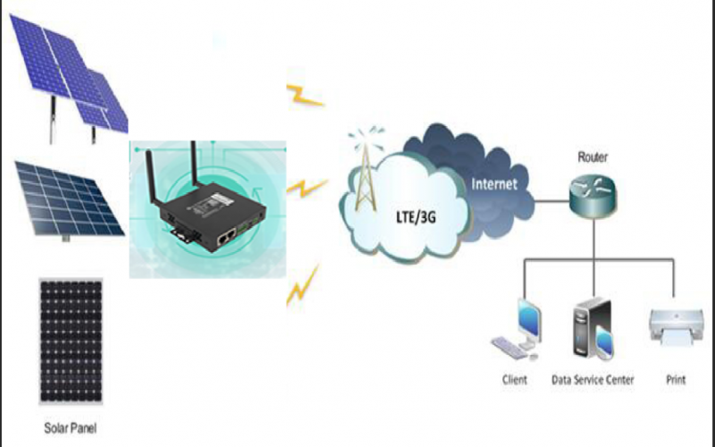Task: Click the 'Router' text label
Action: coord(593,157)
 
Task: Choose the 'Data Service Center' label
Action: coord(592,380)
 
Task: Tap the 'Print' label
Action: coord(676,380)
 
